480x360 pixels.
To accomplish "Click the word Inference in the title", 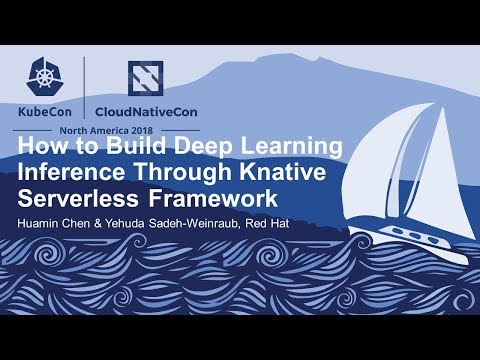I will coord(67,171).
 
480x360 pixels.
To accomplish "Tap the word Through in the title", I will coord(185,171).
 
